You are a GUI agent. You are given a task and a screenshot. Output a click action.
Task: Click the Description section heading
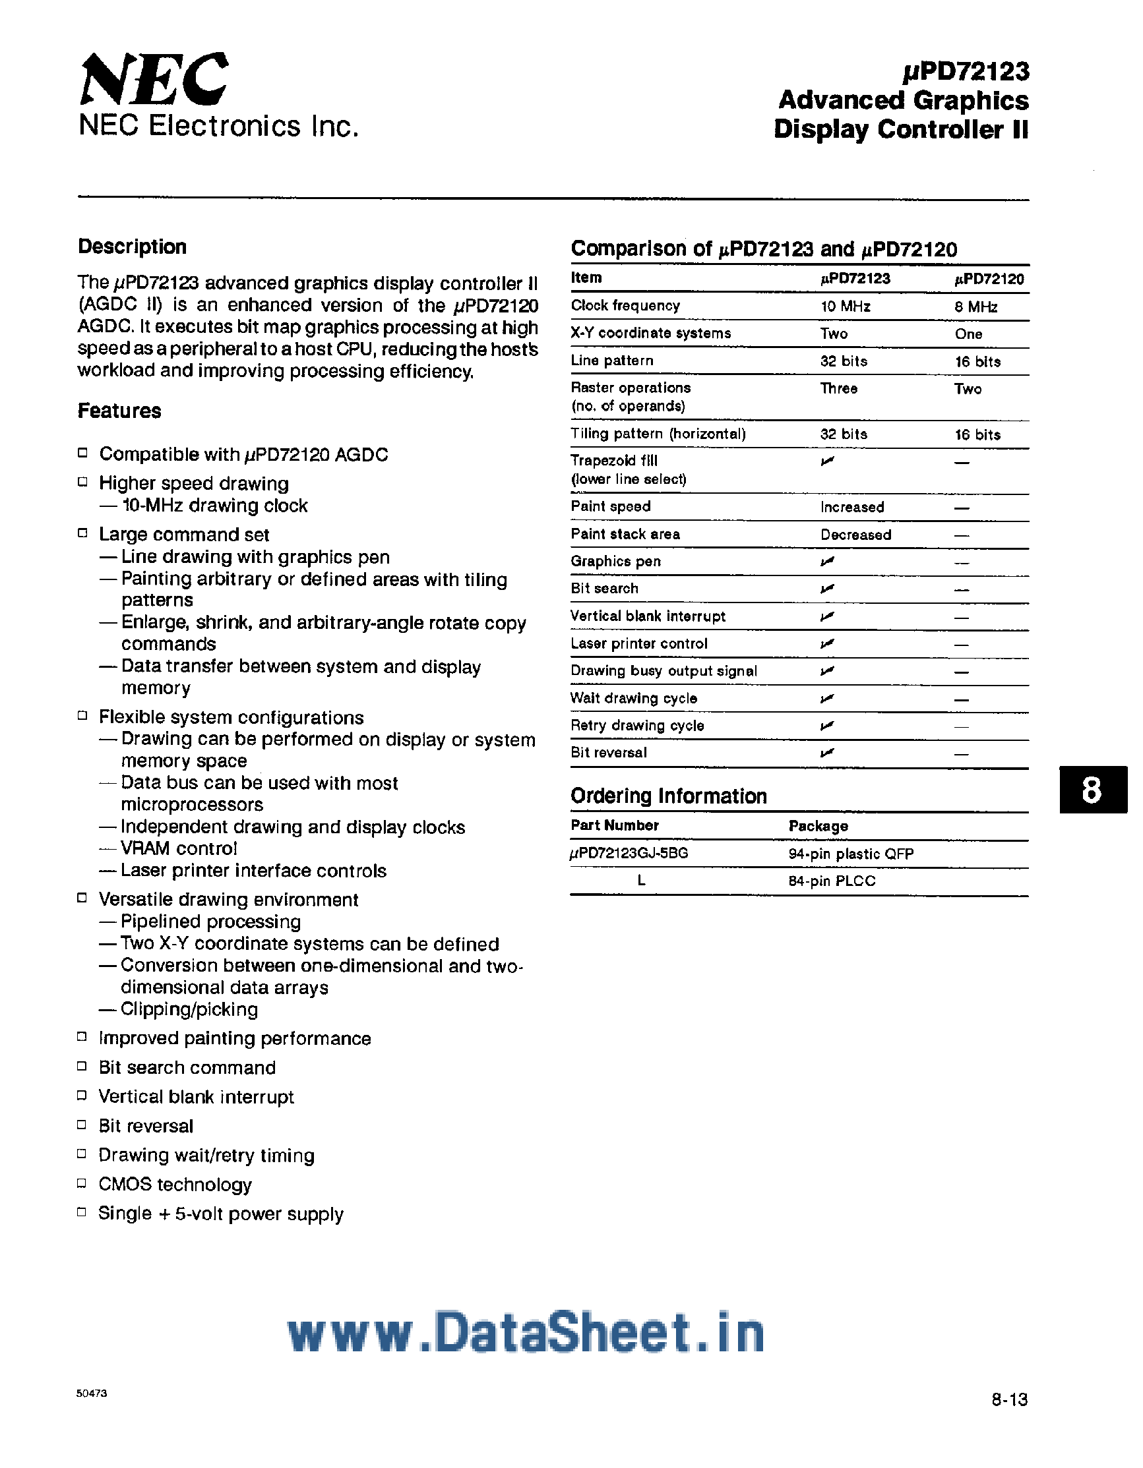(133, 247)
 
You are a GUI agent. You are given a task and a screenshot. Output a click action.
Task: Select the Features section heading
(119, 411)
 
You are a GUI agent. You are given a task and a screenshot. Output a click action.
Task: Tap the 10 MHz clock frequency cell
(845, 307)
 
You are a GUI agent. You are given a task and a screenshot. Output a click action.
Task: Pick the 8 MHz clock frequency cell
(975, 307)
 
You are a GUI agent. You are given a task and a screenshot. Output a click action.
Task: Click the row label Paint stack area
(625, 535)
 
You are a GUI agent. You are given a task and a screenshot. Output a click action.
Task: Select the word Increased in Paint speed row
(852, 507)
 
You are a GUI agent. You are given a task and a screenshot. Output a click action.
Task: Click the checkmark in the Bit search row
(827, 589)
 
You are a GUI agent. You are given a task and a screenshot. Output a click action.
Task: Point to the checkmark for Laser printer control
(827, 644)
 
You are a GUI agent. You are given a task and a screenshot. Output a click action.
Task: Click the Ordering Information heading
(668, 796)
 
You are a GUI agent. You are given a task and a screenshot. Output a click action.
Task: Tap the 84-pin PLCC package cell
(832, 881)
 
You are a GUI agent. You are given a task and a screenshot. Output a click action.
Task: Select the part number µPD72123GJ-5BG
(629, 854)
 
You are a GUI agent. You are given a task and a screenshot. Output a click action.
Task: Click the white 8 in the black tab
(1092, 790)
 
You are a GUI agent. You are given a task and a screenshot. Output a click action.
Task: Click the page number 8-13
(1009, 1400)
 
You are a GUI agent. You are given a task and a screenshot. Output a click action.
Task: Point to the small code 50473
(92, 1394)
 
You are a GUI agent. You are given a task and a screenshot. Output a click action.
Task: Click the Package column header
(819, 825)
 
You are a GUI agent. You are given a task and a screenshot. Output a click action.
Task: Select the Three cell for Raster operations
(838, 388)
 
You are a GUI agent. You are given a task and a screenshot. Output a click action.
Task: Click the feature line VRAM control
(179, 848)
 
